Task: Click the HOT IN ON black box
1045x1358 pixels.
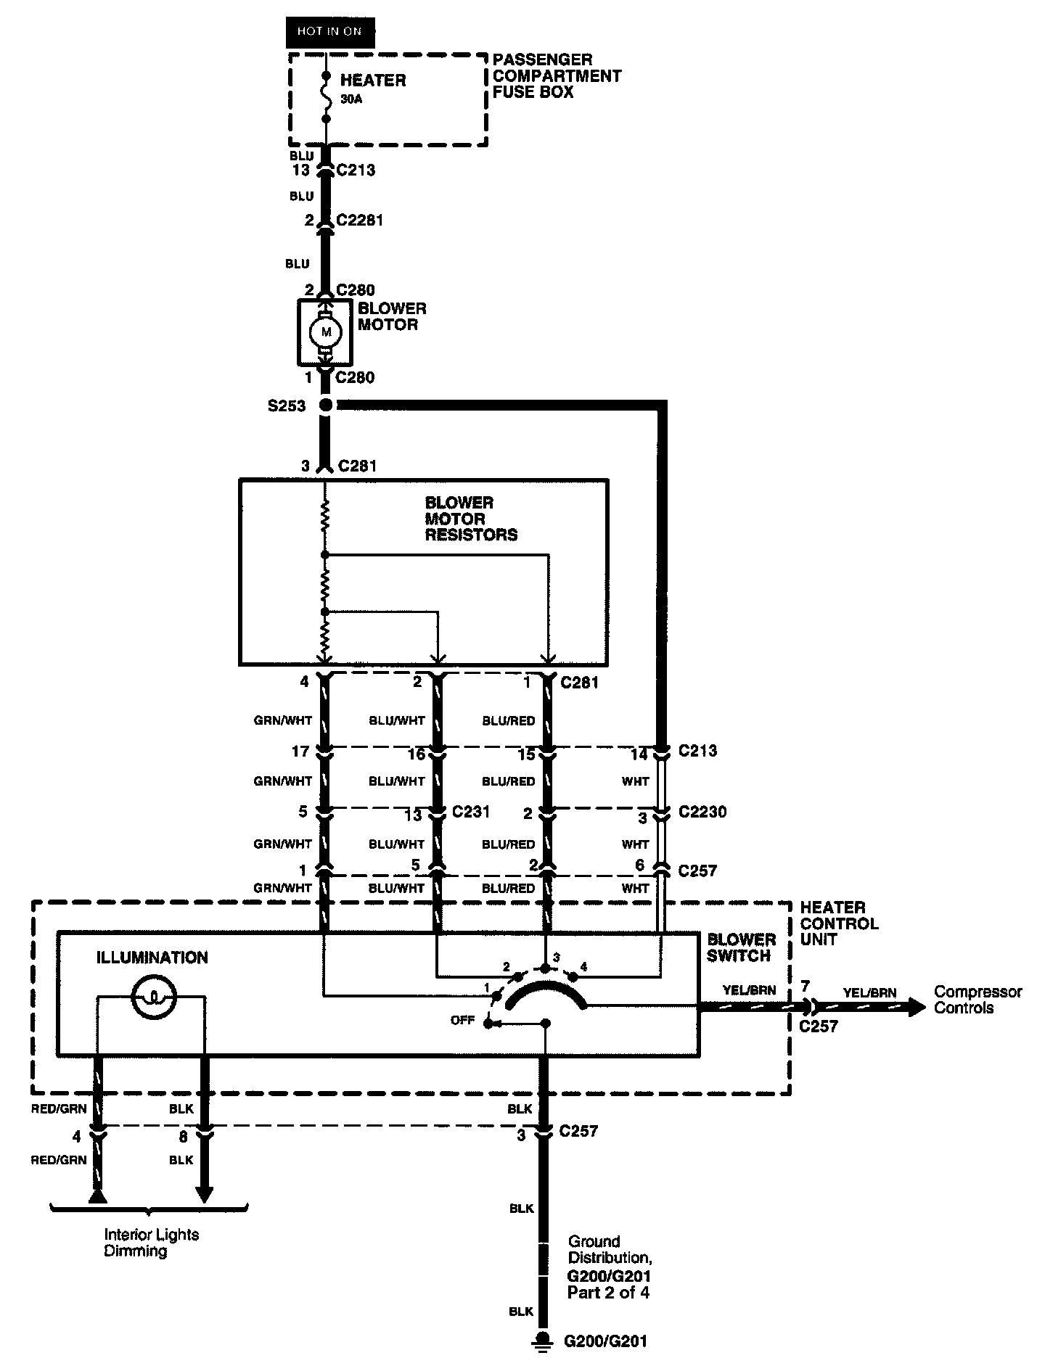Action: coord(329,32)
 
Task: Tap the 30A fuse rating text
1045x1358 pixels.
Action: coord(351,99)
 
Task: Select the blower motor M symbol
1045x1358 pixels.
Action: coord(325,332)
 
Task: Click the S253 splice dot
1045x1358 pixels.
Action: coord(326,405)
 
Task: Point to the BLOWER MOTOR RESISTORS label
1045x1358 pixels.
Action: coord(471,519)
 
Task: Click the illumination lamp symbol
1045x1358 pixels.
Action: coord(153,998)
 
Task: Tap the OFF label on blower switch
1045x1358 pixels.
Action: coord(462,1020)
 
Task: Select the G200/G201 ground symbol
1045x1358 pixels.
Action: coord(541,1341)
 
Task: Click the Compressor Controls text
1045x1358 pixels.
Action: coord(978,1000)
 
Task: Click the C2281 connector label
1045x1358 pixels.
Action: coord(360,220)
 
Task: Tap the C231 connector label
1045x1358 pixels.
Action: coord(471,812)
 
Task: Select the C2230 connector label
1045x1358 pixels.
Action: coord(702,812)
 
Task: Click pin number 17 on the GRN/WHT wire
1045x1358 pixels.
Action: coord(301,752)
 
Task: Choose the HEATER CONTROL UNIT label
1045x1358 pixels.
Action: coord(839,923)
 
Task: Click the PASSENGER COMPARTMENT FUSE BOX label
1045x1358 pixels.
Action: coord(557,75)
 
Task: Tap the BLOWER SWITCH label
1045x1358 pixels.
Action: coord(742,947)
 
